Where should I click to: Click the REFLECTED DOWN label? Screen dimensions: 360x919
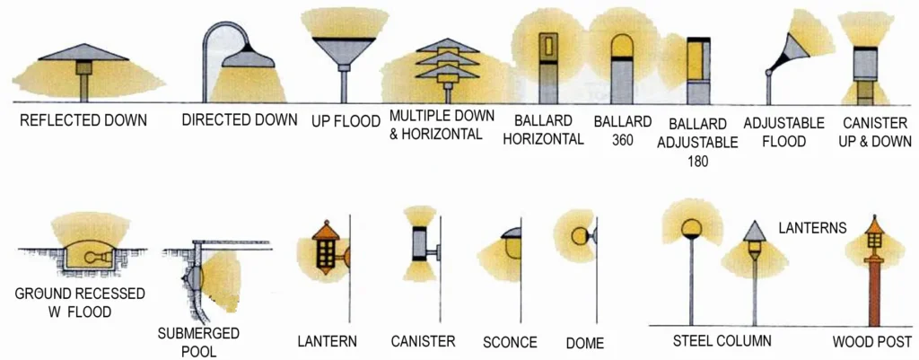pos(83,120)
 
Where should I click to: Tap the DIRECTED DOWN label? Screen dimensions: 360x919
pos(240,120)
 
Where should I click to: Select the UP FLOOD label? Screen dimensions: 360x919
pos(346,120)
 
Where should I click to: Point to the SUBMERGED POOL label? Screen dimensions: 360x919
pos(198,342)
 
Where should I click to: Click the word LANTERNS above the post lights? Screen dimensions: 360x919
pos(812,228)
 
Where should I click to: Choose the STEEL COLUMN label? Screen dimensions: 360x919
pos(722,341)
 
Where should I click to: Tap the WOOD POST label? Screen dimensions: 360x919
pos(871,341)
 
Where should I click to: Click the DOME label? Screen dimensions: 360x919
pos(584,342)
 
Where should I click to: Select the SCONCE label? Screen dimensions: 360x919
pos(510,342)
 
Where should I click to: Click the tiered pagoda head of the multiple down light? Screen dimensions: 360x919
pos(447,61)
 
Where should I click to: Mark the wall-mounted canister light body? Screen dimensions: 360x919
pos(420,242)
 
